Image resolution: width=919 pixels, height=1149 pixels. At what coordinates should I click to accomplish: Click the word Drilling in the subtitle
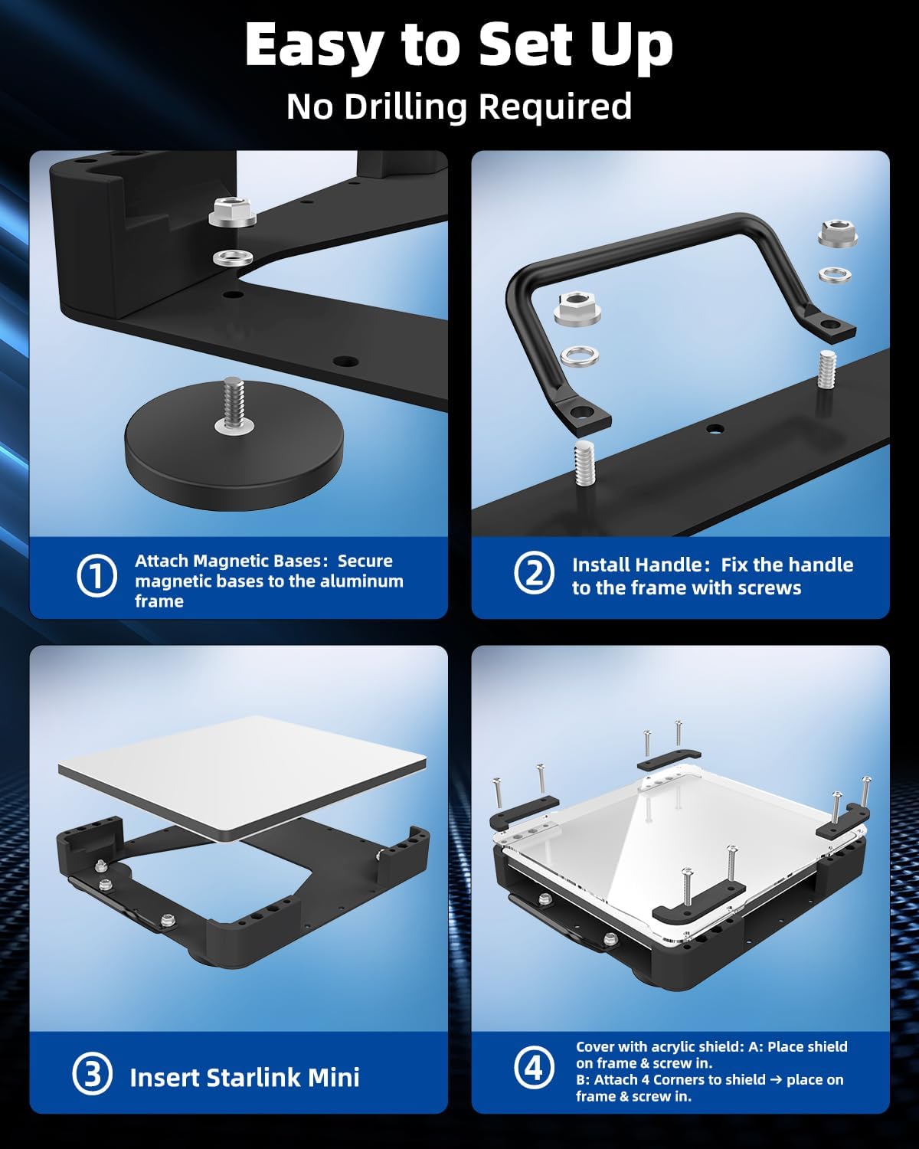click(406, 106)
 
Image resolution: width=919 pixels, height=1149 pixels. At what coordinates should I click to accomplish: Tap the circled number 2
click(534, 574)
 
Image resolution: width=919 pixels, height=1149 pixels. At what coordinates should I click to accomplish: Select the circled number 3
click(93, 1075)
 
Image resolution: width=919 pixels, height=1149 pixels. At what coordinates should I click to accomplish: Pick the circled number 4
click(534, 1069)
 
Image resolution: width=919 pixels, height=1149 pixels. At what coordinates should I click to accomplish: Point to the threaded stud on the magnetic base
click(233, 403)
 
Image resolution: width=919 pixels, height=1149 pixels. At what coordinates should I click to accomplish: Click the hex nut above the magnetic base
click(232, 212)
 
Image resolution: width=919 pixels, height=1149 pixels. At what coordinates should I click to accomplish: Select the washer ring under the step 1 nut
click(233, 258)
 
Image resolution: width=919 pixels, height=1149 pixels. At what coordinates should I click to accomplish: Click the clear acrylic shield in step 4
click(679, 859)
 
